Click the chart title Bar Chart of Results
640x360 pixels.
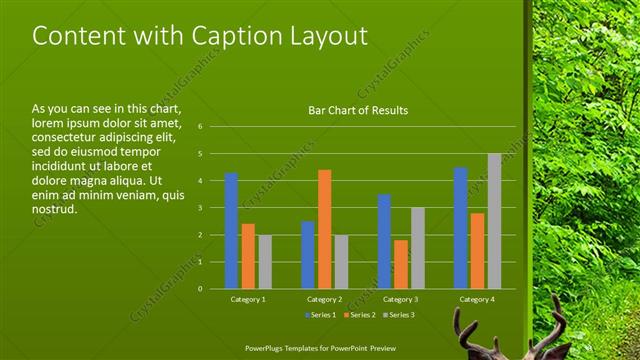click(x=358, y=110)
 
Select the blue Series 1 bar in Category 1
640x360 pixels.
click(x=232, y=230)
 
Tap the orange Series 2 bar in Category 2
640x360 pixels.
click(x=325, y=229)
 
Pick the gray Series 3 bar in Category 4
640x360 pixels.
click(x=494, y=221)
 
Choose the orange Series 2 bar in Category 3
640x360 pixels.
click(x=401, y=264)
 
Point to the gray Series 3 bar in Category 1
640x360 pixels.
click(x=265, y=261)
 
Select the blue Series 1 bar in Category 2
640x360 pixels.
click(x=308, y=254)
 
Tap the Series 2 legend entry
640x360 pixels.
click(x=360, y=315)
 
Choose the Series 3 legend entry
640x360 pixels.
click(x=398, y=315)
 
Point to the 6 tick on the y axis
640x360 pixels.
click(x=200, y=127)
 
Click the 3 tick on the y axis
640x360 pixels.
click(x=200, y=208)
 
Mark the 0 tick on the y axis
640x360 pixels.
click(x=200, y=289)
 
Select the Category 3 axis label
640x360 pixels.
click(x=401, y=299)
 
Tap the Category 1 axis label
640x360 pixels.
click(x=248, y=299)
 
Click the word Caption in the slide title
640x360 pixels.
click(x=235, y=36)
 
